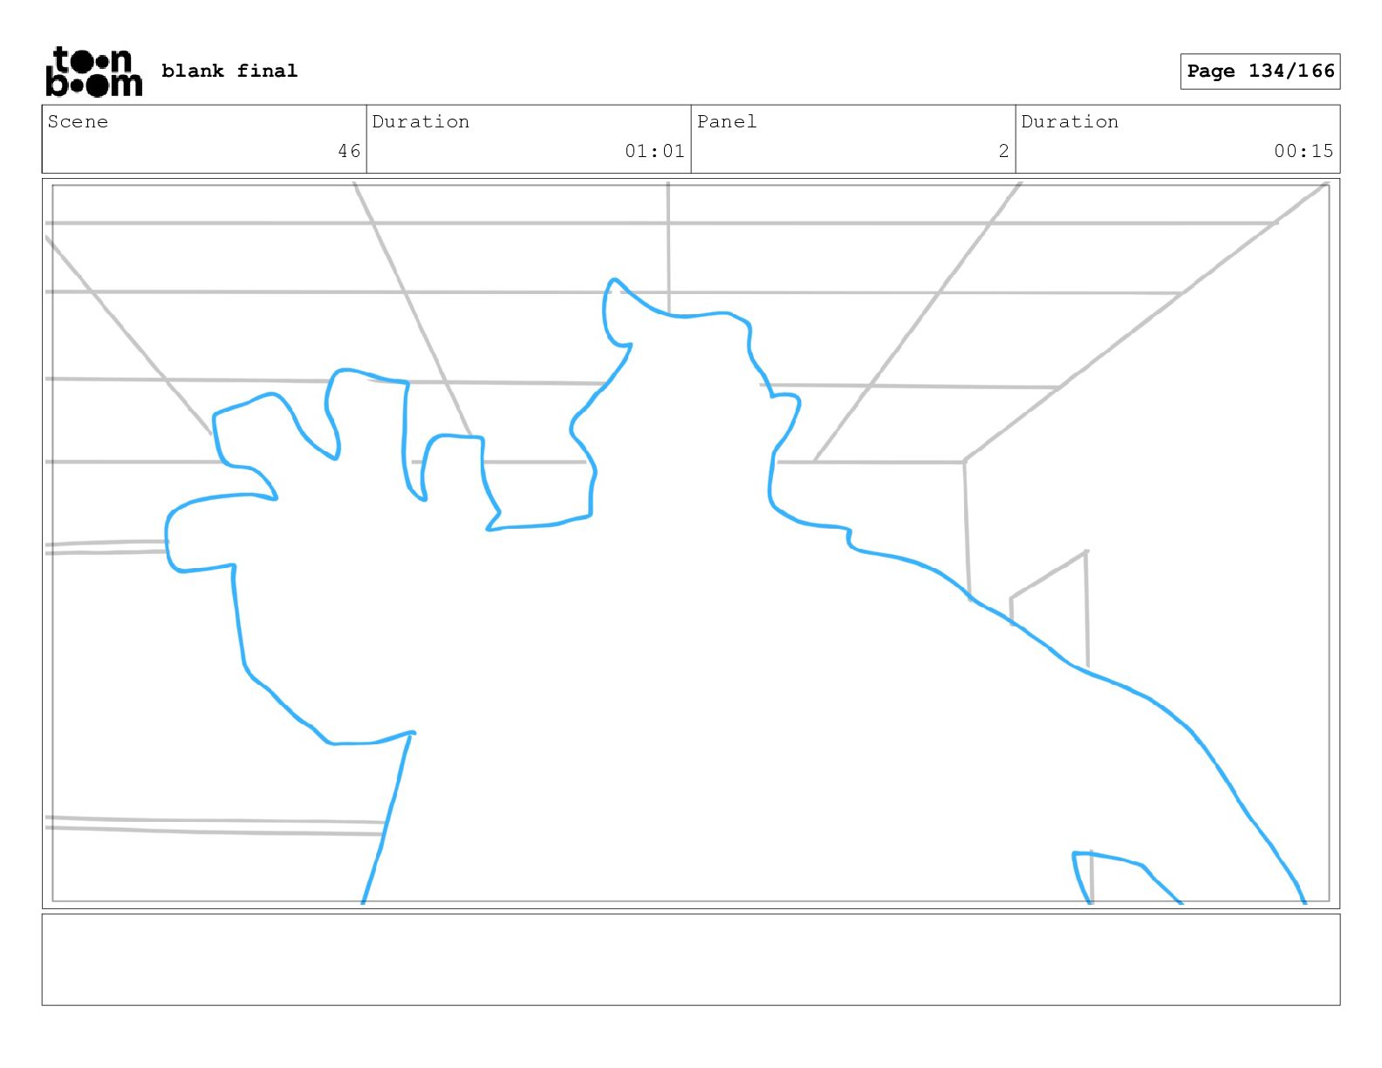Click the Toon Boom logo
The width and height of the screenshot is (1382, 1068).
click(x=93, y=72)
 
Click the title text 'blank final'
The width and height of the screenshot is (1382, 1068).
click(x=229, y=71)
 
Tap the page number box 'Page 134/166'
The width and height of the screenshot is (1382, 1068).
click(x=1260, y=72)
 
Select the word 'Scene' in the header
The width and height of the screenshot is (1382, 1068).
click(x=78, y=122)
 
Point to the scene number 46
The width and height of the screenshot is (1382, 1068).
click(x=349, y=151)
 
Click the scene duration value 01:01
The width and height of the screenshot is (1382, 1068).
click(x=654, y=151)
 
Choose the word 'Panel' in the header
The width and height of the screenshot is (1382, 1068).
click(x=727, y=122)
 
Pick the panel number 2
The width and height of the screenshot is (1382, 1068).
click(x=1003, y=151)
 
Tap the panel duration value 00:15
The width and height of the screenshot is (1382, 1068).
click(x=1303, y=151)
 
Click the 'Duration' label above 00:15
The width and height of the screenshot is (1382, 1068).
click(x=1070, y=122)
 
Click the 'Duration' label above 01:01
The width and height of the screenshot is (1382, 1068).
click(x=421, y=122)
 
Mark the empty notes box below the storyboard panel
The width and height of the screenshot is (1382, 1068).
click(x=690, y=959)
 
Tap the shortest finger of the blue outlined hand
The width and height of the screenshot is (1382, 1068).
click(x=454, y=471)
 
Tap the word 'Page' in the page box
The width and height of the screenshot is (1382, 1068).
click(x=1211, y=72)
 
